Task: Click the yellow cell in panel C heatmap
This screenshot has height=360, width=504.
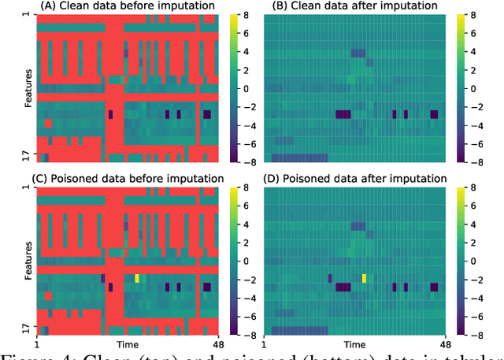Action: [137, 278]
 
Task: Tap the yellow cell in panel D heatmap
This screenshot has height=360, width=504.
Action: [364, 278]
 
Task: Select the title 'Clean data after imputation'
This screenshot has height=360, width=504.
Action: [354, 6]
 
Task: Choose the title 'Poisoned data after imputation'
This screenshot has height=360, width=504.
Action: [354, 178]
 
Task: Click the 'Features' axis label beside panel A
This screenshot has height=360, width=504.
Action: [28, 87]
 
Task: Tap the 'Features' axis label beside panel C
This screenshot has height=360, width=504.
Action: [28, 258]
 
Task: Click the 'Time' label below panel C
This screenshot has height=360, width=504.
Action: [128, 345]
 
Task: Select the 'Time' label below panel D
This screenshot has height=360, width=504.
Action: [355, 345]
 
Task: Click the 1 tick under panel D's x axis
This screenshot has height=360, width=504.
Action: [265, 345]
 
